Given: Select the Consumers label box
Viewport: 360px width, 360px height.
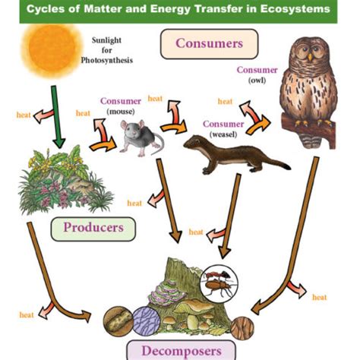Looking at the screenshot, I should tap(209, 43).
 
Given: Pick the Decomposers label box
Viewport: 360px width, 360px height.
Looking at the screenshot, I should tap(180, 350).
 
